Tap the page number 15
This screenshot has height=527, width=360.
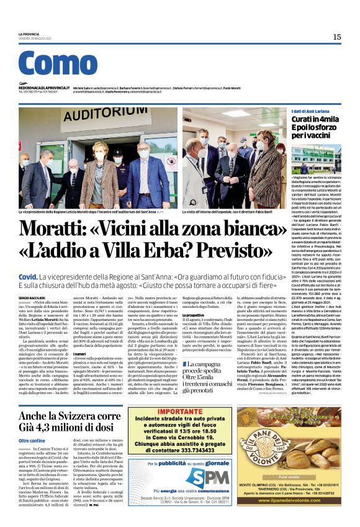tap(336, 37)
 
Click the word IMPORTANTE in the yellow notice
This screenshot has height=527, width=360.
tap(182, 411)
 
